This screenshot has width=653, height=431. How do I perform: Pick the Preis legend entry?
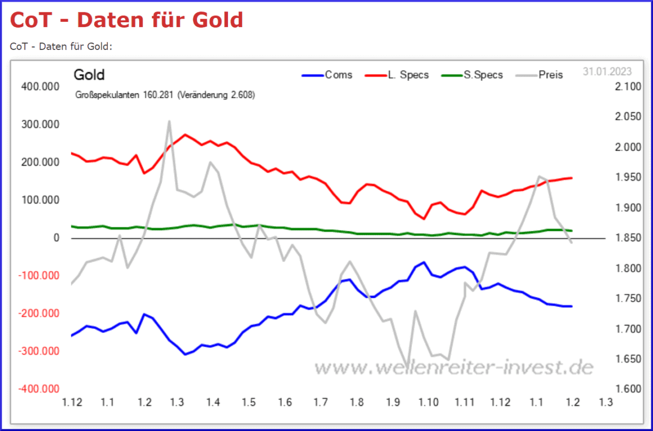[550, 75]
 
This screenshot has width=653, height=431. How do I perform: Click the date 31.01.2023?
[607, 71]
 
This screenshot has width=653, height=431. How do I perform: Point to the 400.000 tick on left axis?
[40, 87]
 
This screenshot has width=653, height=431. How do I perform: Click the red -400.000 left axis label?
[39, 389]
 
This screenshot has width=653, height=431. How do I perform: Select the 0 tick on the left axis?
[56, 238]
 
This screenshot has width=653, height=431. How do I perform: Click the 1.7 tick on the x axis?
[321, 403]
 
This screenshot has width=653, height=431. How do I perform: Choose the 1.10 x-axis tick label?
[428, 403]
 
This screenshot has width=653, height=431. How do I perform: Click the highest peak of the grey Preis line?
[169, 121]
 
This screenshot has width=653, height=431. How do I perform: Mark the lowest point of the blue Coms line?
[185, 354]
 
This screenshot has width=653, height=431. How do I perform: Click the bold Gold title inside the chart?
[89, 75]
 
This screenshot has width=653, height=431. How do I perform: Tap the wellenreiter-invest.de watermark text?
[453, 367]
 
